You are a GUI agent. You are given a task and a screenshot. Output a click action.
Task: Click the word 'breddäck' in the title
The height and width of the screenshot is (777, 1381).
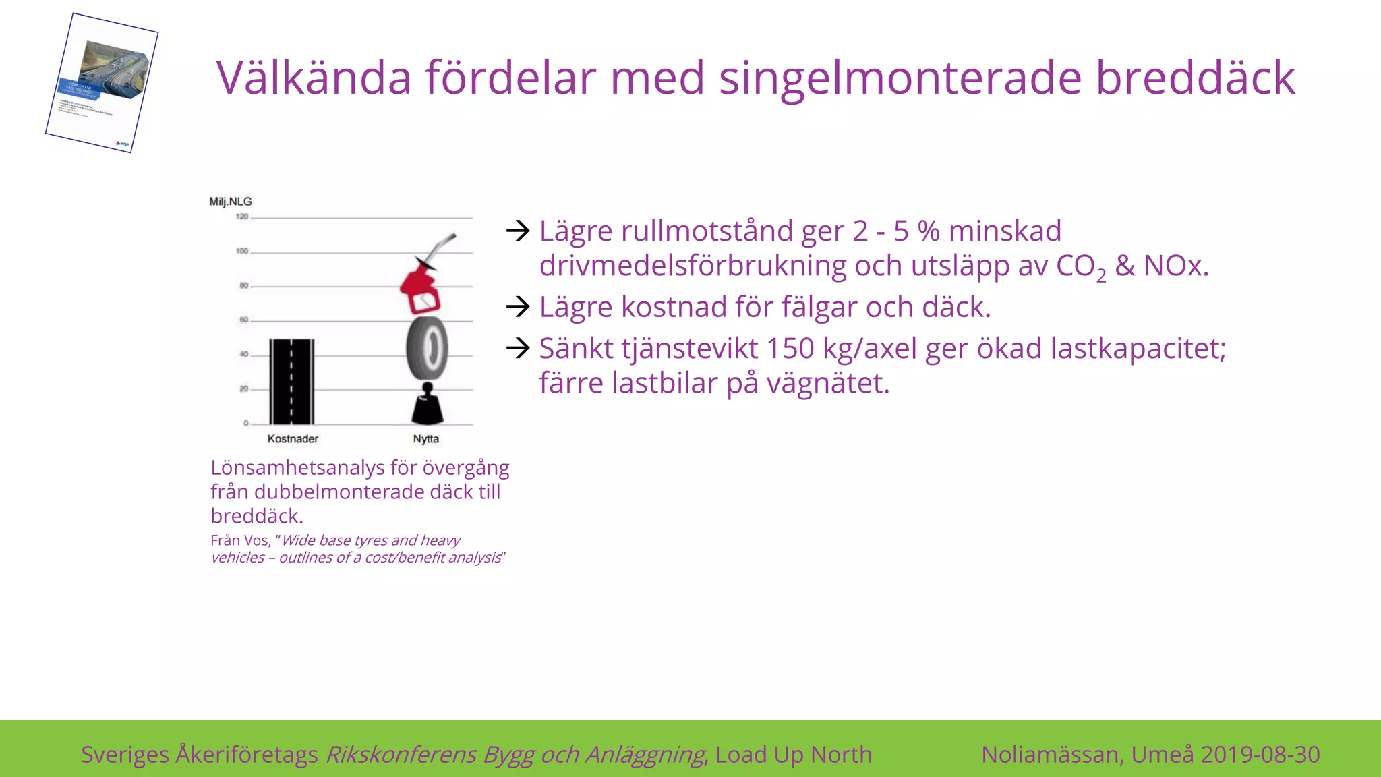[1195, 78]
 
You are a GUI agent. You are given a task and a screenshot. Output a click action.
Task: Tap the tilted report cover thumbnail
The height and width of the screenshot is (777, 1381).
[102, 83]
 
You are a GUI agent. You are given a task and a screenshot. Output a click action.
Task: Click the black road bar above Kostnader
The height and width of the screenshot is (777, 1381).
[291, 381]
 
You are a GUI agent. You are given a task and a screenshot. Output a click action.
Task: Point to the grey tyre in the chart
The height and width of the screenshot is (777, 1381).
[427, 348]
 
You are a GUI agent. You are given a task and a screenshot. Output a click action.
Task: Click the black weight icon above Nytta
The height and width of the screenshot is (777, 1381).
[427, 403]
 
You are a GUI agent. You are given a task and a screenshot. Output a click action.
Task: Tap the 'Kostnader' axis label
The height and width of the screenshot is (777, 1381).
[293, 439]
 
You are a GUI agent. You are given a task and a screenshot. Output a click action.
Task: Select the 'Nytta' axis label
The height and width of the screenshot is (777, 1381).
[426, 439]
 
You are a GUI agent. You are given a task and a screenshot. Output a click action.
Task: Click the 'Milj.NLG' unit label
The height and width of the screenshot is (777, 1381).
[231, 202]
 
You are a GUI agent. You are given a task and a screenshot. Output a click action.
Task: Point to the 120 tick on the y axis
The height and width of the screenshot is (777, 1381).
[242, 217]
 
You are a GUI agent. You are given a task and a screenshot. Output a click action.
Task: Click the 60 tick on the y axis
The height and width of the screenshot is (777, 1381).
[243, 320]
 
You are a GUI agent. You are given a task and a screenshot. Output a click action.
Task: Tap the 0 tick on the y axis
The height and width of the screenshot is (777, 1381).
[245, 424]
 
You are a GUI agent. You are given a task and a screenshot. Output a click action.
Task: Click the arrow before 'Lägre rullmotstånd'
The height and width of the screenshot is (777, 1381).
[518, 231]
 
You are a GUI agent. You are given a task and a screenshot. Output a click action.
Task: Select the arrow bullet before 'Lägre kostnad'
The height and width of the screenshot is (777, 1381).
[518, 307]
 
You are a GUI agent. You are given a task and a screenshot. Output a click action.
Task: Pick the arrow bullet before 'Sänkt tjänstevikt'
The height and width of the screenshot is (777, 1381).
[518, 348]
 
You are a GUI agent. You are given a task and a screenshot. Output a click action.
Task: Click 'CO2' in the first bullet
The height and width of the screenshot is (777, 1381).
[1080, 266]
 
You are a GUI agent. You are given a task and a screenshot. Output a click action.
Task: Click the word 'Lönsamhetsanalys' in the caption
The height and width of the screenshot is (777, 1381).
[297, 467]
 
